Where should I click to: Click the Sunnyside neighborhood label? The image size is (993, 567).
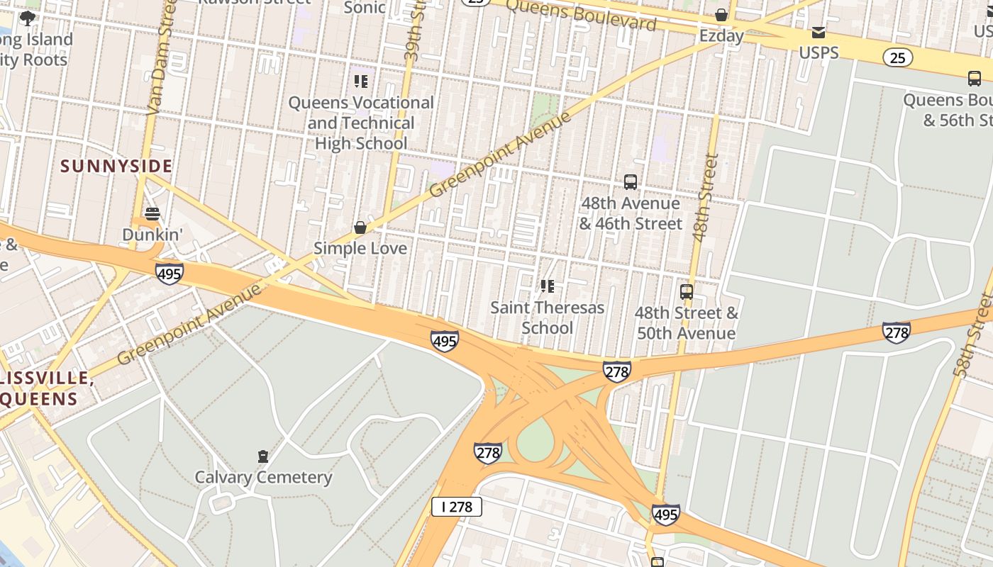tap(116, 167)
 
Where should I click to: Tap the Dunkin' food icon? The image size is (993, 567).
tap(152, 213)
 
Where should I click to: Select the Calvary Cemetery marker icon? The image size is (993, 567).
tap(263, 456)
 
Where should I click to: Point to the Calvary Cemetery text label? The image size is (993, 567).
tap(263, 477)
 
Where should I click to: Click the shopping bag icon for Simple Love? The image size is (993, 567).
tap(360, 228)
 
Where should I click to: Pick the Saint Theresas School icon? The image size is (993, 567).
tap(547, 286)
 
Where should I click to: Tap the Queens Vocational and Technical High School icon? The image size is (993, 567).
tap(361, 82)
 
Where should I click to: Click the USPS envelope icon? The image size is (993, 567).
tap(819, 33)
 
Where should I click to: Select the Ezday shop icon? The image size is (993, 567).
tap(721, 15)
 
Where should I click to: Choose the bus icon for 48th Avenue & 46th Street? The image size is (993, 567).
tap(631, 182)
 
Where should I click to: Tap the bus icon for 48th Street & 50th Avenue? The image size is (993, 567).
tap(686, 292)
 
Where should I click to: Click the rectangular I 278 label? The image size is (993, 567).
tap(457, 506)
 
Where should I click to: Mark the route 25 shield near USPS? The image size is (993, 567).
tap(898, 57)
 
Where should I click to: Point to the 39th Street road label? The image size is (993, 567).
tap(413, 35)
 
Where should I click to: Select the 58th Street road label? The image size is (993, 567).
tap(972, 333)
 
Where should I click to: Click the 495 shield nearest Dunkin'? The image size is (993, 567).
tap(170, 273)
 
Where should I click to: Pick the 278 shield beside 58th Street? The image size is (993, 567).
tap(896, 332)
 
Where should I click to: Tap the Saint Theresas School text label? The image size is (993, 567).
tap(547, 318)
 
